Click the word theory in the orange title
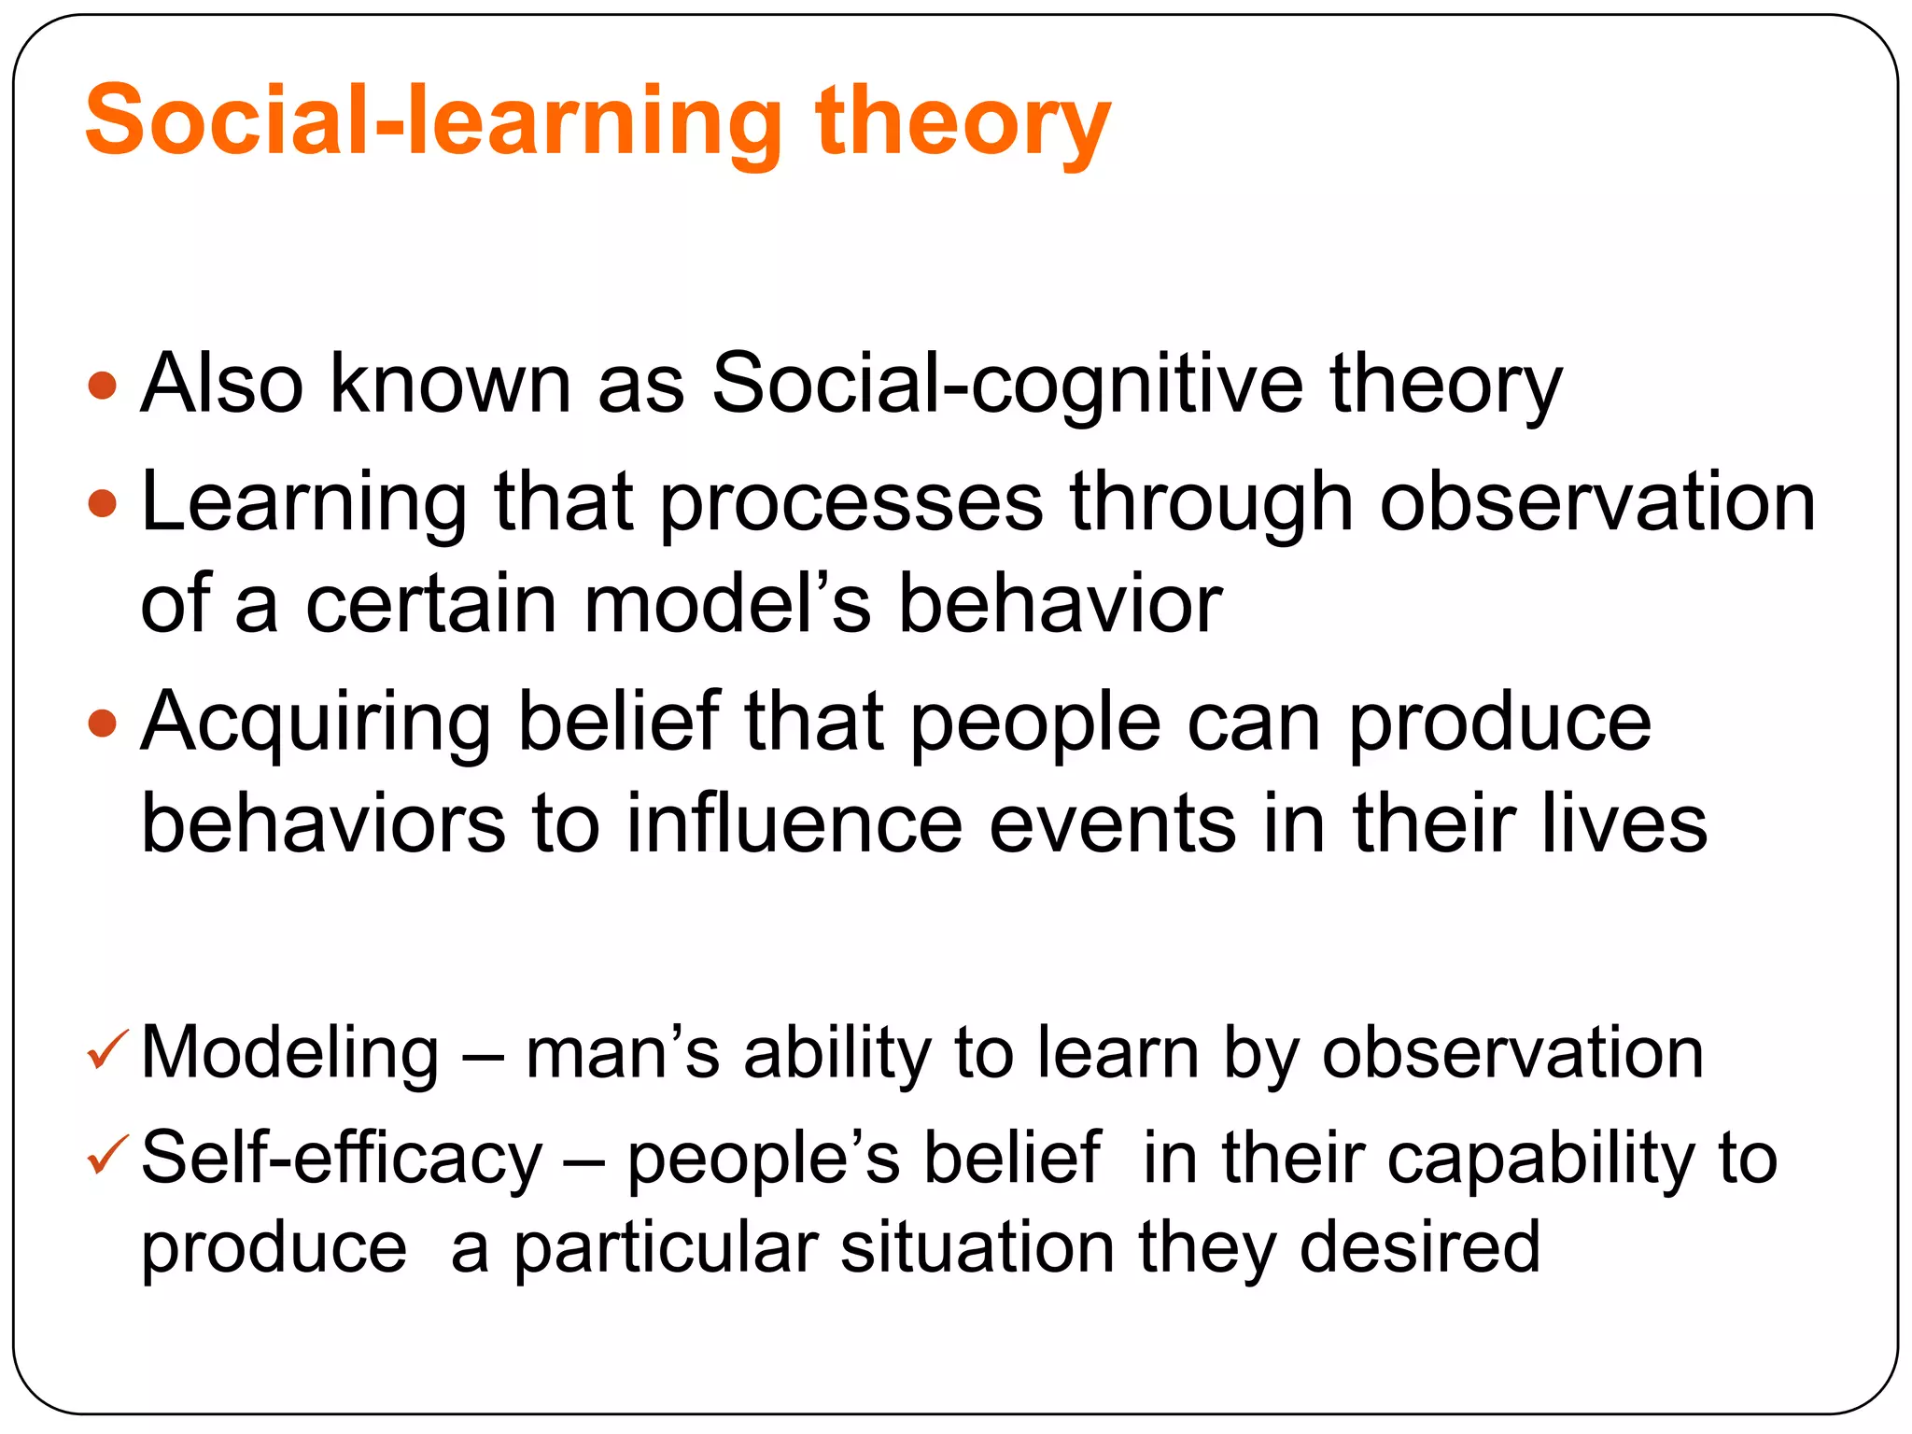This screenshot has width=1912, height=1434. (x=962, y=121)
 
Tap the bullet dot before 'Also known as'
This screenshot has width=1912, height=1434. (x=102, y=386)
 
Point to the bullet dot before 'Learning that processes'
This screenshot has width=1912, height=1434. (x=102, y=504)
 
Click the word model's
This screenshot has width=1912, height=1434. (x=728, y=604)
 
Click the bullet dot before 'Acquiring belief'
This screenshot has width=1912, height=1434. (x=102, y=723)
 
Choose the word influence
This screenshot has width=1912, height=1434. (x=794, y=823)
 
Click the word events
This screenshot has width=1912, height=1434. (x=1112, y=823)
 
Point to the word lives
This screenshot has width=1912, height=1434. (x=1624, y=823)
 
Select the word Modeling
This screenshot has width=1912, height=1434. (x=289, y=1053)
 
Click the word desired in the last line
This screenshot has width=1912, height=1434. (x=1419, y=1247)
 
